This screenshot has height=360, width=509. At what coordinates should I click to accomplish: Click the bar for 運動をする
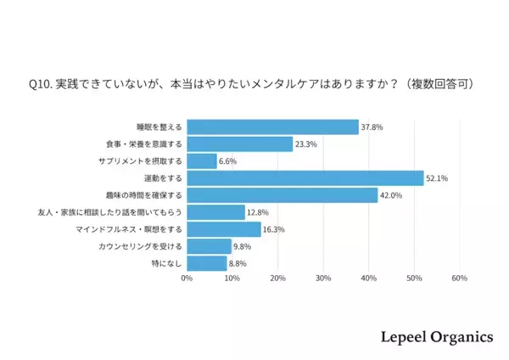(305, 178)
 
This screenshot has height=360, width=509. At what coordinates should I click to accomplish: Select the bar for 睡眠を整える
(272, 127)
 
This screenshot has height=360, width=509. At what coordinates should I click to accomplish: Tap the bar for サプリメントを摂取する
(202, 161)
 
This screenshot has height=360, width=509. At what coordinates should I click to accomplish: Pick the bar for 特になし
(207, 263)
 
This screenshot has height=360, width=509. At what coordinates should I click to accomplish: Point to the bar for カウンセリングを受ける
(209, 246)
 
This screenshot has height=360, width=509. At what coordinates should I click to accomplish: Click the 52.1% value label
(437, 178)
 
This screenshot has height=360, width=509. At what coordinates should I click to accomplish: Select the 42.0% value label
(391, 195)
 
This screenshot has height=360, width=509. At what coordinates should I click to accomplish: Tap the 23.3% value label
(306, 144)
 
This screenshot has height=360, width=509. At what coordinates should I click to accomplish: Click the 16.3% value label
(274, 229)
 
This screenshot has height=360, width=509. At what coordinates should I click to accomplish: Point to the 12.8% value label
(258, 212)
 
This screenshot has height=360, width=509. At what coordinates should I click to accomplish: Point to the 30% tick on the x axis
(323, 278)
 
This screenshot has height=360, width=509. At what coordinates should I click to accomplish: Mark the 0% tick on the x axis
(187, 278)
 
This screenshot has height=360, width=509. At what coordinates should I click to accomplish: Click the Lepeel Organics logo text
(435, 337)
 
